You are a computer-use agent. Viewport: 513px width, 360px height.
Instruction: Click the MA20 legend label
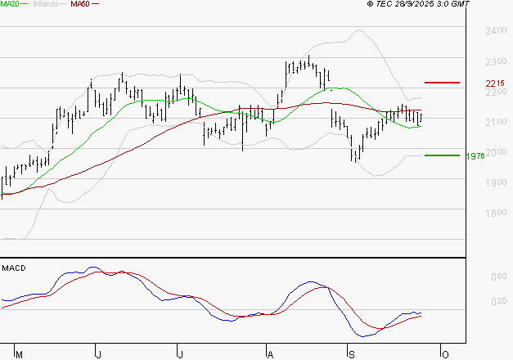(x=10, y=5)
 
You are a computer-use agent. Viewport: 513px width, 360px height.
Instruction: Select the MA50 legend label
(x=80, y=5)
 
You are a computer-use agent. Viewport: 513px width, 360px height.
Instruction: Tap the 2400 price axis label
(x=495, y=31)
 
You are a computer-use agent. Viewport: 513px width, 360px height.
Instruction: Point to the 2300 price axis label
(x=495, y=61)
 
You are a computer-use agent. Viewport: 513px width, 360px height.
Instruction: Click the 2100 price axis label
(x=495, y=122)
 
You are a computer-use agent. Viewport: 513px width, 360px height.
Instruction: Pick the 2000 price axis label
(x=495, y=152)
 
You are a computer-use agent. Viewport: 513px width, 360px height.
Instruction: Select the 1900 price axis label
(x=495, y=182)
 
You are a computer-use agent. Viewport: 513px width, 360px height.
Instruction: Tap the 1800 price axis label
(x=495, y=213)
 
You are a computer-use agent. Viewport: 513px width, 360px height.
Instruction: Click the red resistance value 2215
(x=494, y=83)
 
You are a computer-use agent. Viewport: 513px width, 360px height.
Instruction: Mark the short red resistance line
(x=442, y=83)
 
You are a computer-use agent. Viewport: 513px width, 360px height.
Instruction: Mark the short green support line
(x=442, y=155)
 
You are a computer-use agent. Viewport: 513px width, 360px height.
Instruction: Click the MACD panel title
(x=13, y=268)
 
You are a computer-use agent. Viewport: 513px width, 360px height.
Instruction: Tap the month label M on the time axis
(x=19, y=354)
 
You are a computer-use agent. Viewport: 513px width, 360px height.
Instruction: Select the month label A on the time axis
(x=269, y=354)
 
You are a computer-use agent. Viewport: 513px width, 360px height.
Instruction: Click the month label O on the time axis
(x=444, y=354)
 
